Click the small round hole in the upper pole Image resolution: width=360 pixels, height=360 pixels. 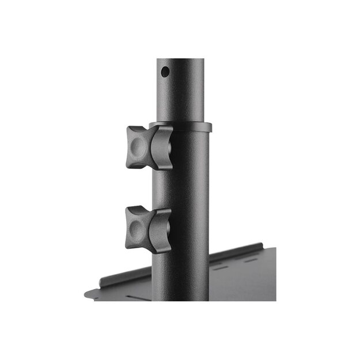[x=165, y=72]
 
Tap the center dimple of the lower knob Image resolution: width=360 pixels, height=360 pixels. [x=136, y=229]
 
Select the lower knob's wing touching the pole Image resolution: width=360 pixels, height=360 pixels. [x=160, y=230]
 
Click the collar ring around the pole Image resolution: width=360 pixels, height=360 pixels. [x=184, y=127]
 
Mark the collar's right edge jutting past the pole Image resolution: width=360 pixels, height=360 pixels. [x=209, y=127]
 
